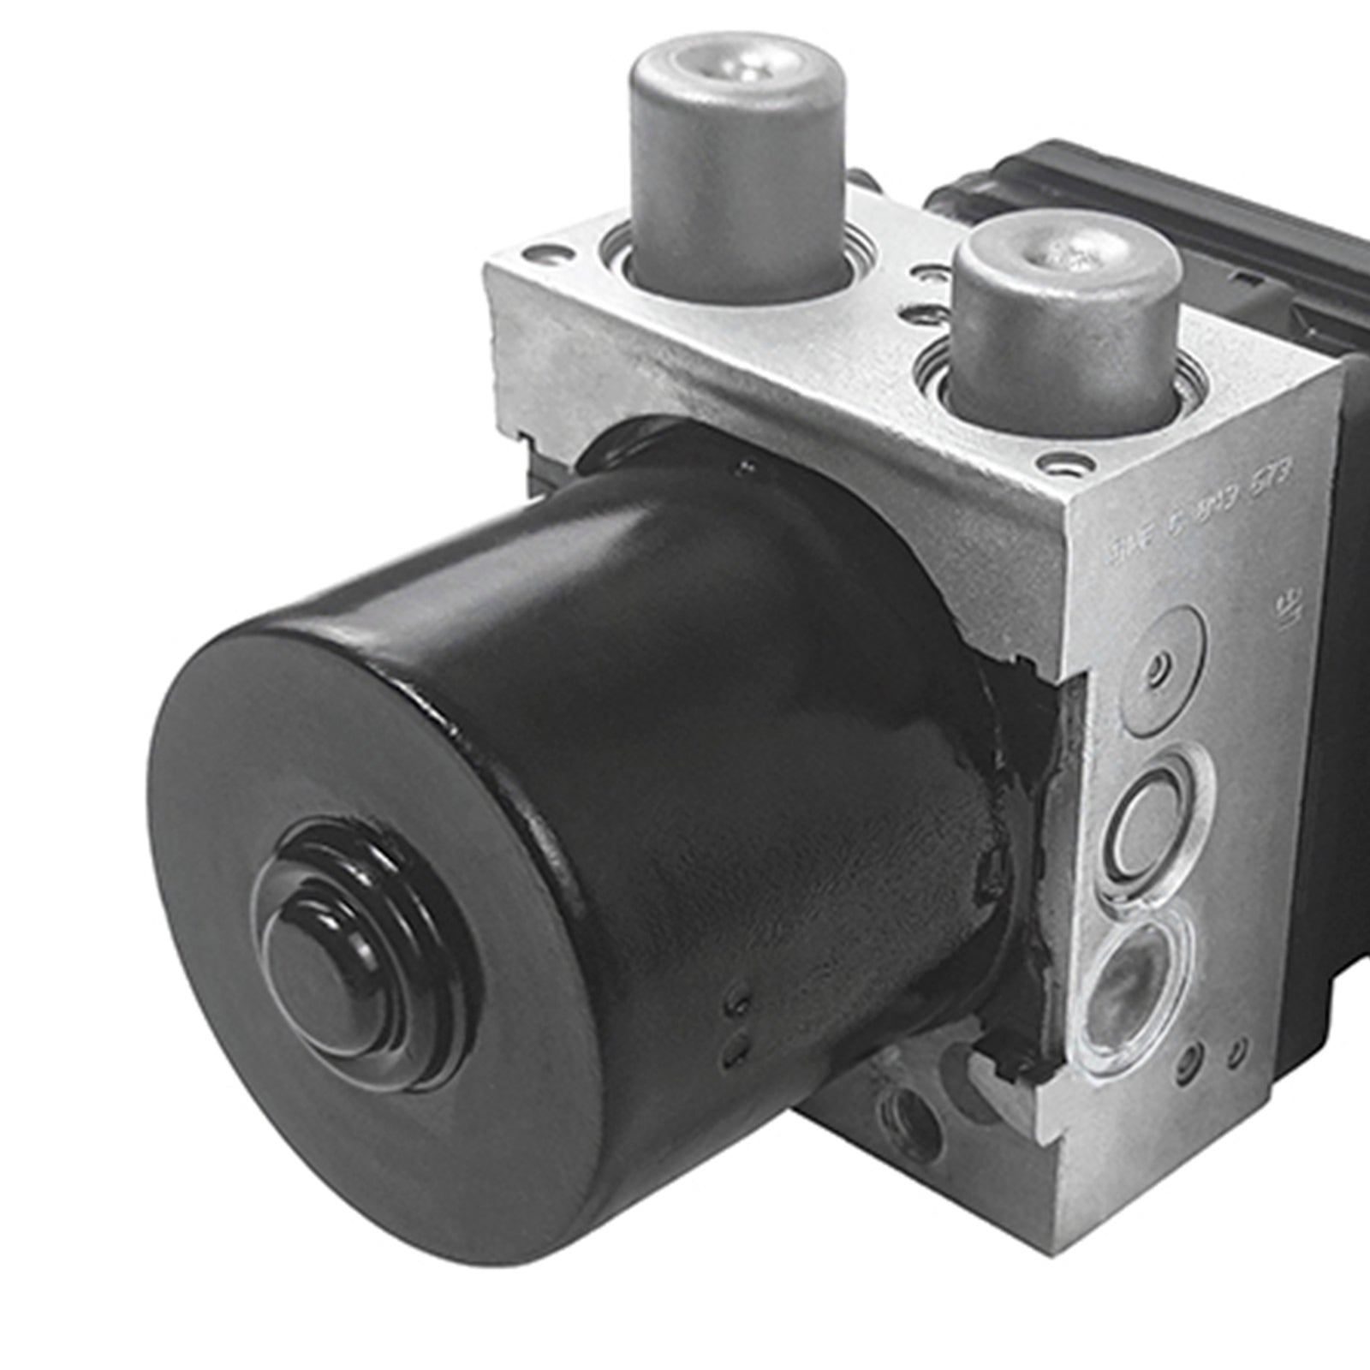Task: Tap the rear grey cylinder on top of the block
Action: (738, 163)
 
